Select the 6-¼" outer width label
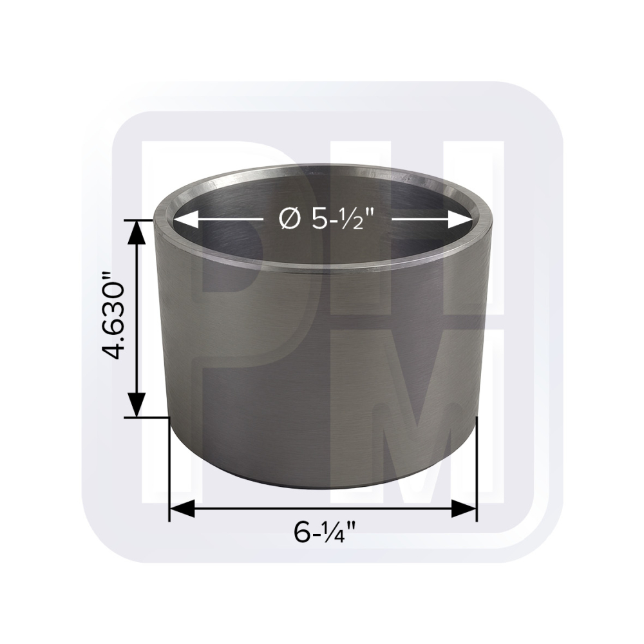[325, 532]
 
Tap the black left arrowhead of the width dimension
[182, 509]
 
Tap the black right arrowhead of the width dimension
[464, 509]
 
